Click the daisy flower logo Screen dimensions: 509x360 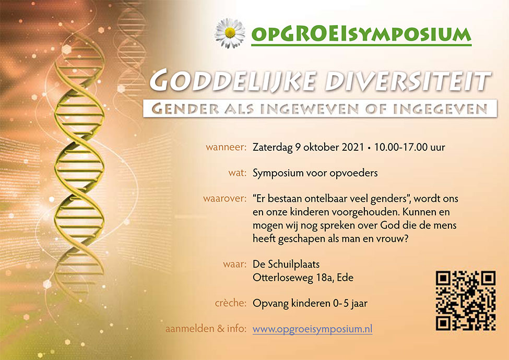(x=230, y=33)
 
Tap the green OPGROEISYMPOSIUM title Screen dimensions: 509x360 (x=361, y=34)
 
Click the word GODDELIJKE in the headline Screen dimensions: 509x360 (x=233, y=81)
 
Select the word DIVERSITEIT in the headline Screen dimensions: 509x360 (x=408, y=81)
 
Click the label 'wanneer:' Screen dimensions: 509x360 (x=226, y=147)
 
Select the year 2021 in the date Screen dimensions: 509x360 (x=353, y=147)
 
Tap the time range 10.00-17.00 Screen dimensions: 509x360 (x=400, y=147)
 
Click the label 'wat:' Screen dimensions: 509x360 (x=238, y=173)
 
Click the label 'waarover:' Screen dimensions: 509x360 (x=225, y=198)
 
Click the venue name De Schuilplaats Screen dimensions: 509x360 (x=286, y=265)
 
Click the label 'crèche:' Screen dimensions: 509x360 (x=231, y=303)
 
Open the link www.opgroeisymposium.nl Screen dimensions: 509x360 (x=312, y=329)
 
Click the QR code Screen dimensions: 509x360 (x=465, y=301)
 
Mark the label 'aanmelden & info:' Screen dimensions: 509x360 (x=206, y=329)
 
